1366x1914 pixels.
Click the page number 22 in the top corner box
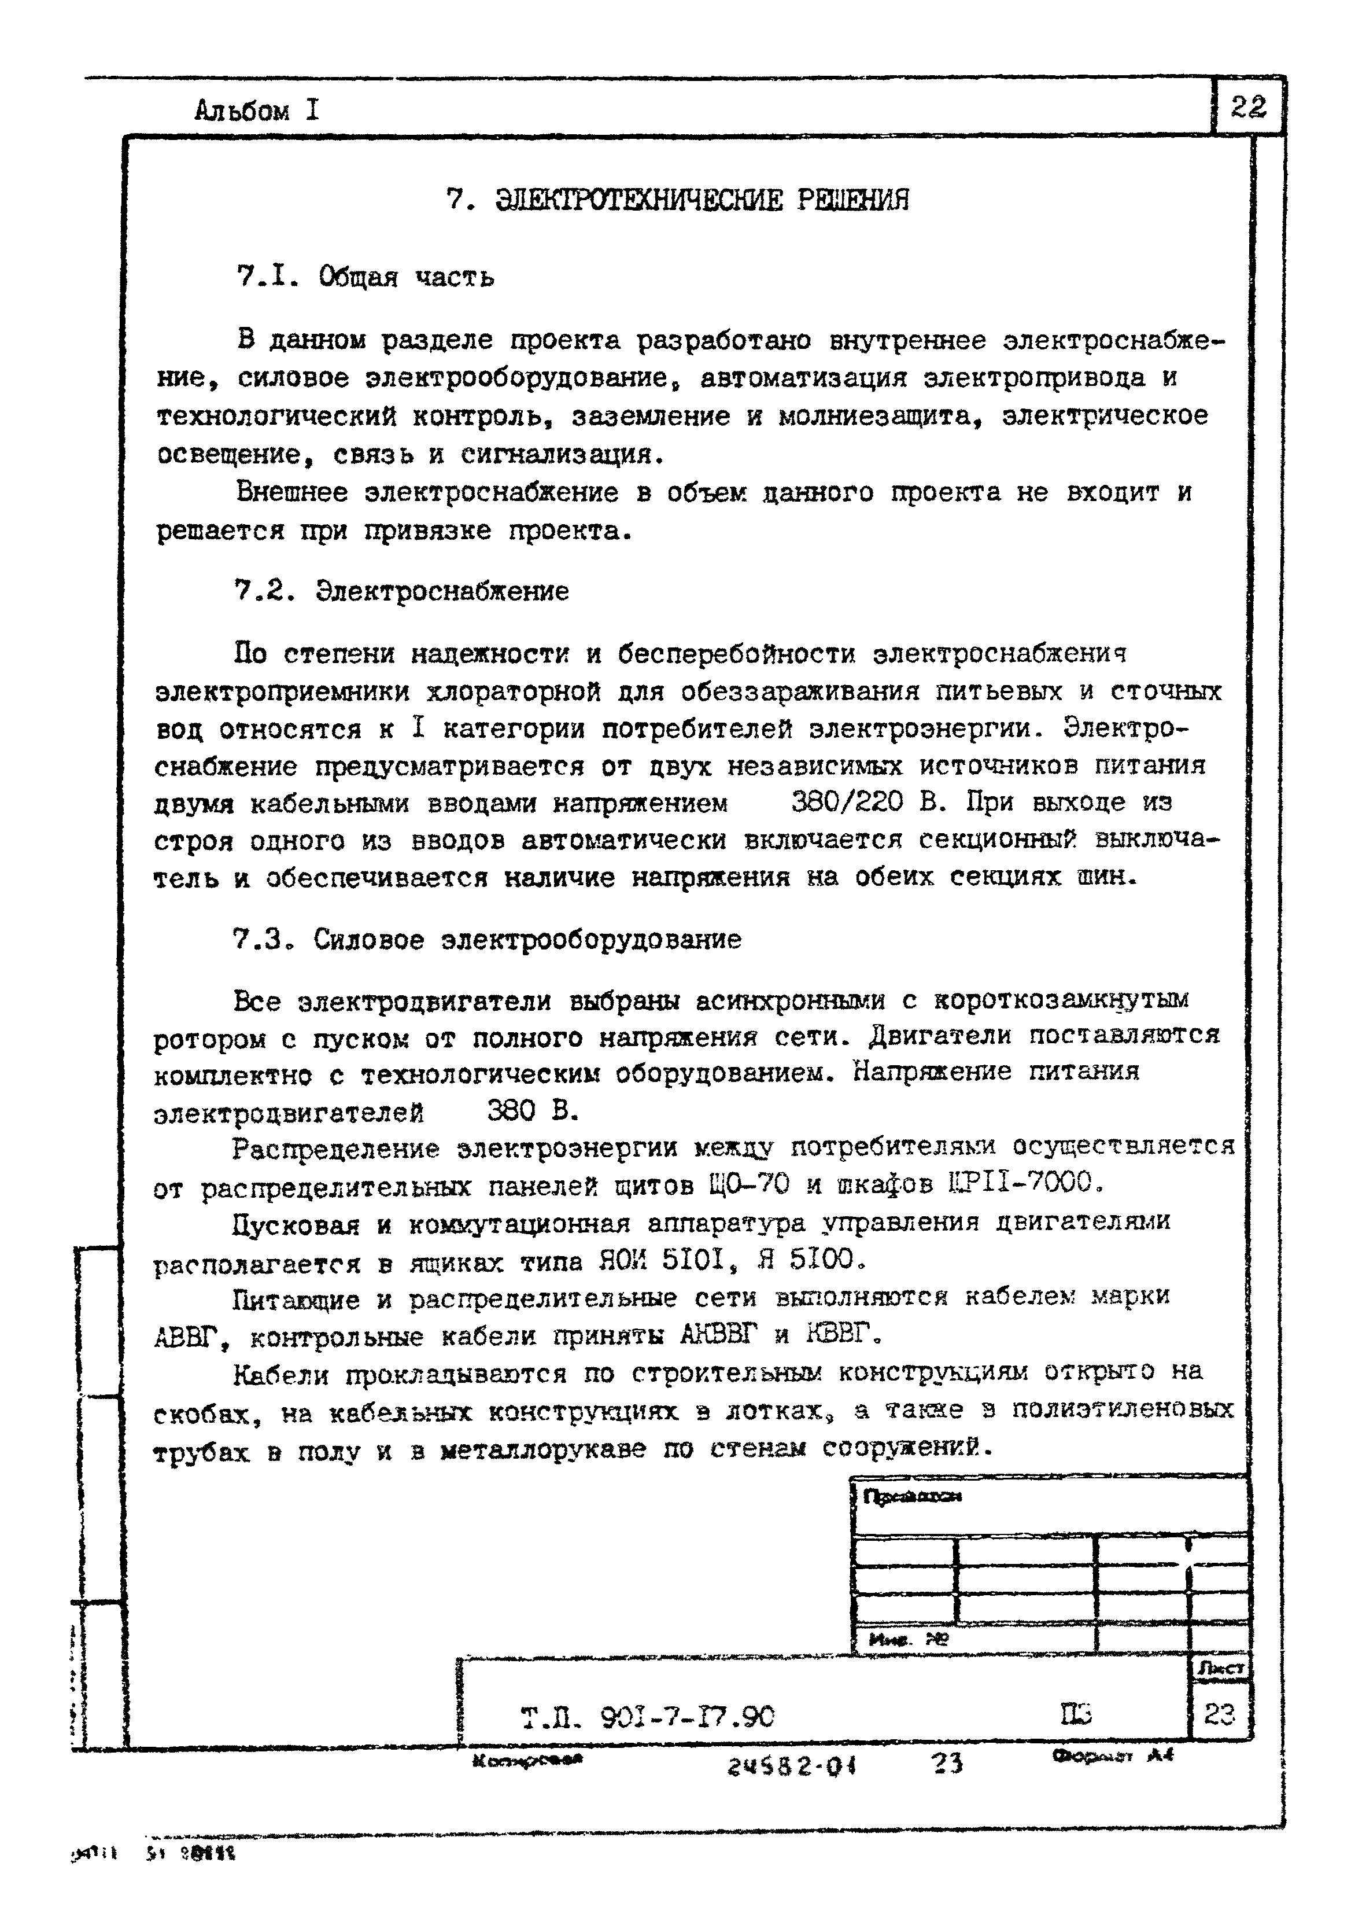(1248, 108)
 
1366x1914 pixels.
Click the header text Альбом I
(257, 110)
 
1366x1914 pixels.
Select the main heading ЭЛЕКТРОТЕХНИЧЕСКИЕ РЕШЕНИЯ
(702, 200)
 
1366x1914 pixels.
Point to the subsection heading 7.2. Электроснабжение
(401, 591)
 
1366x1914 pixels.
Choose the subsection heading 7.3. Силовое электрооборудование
(487, 939)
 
